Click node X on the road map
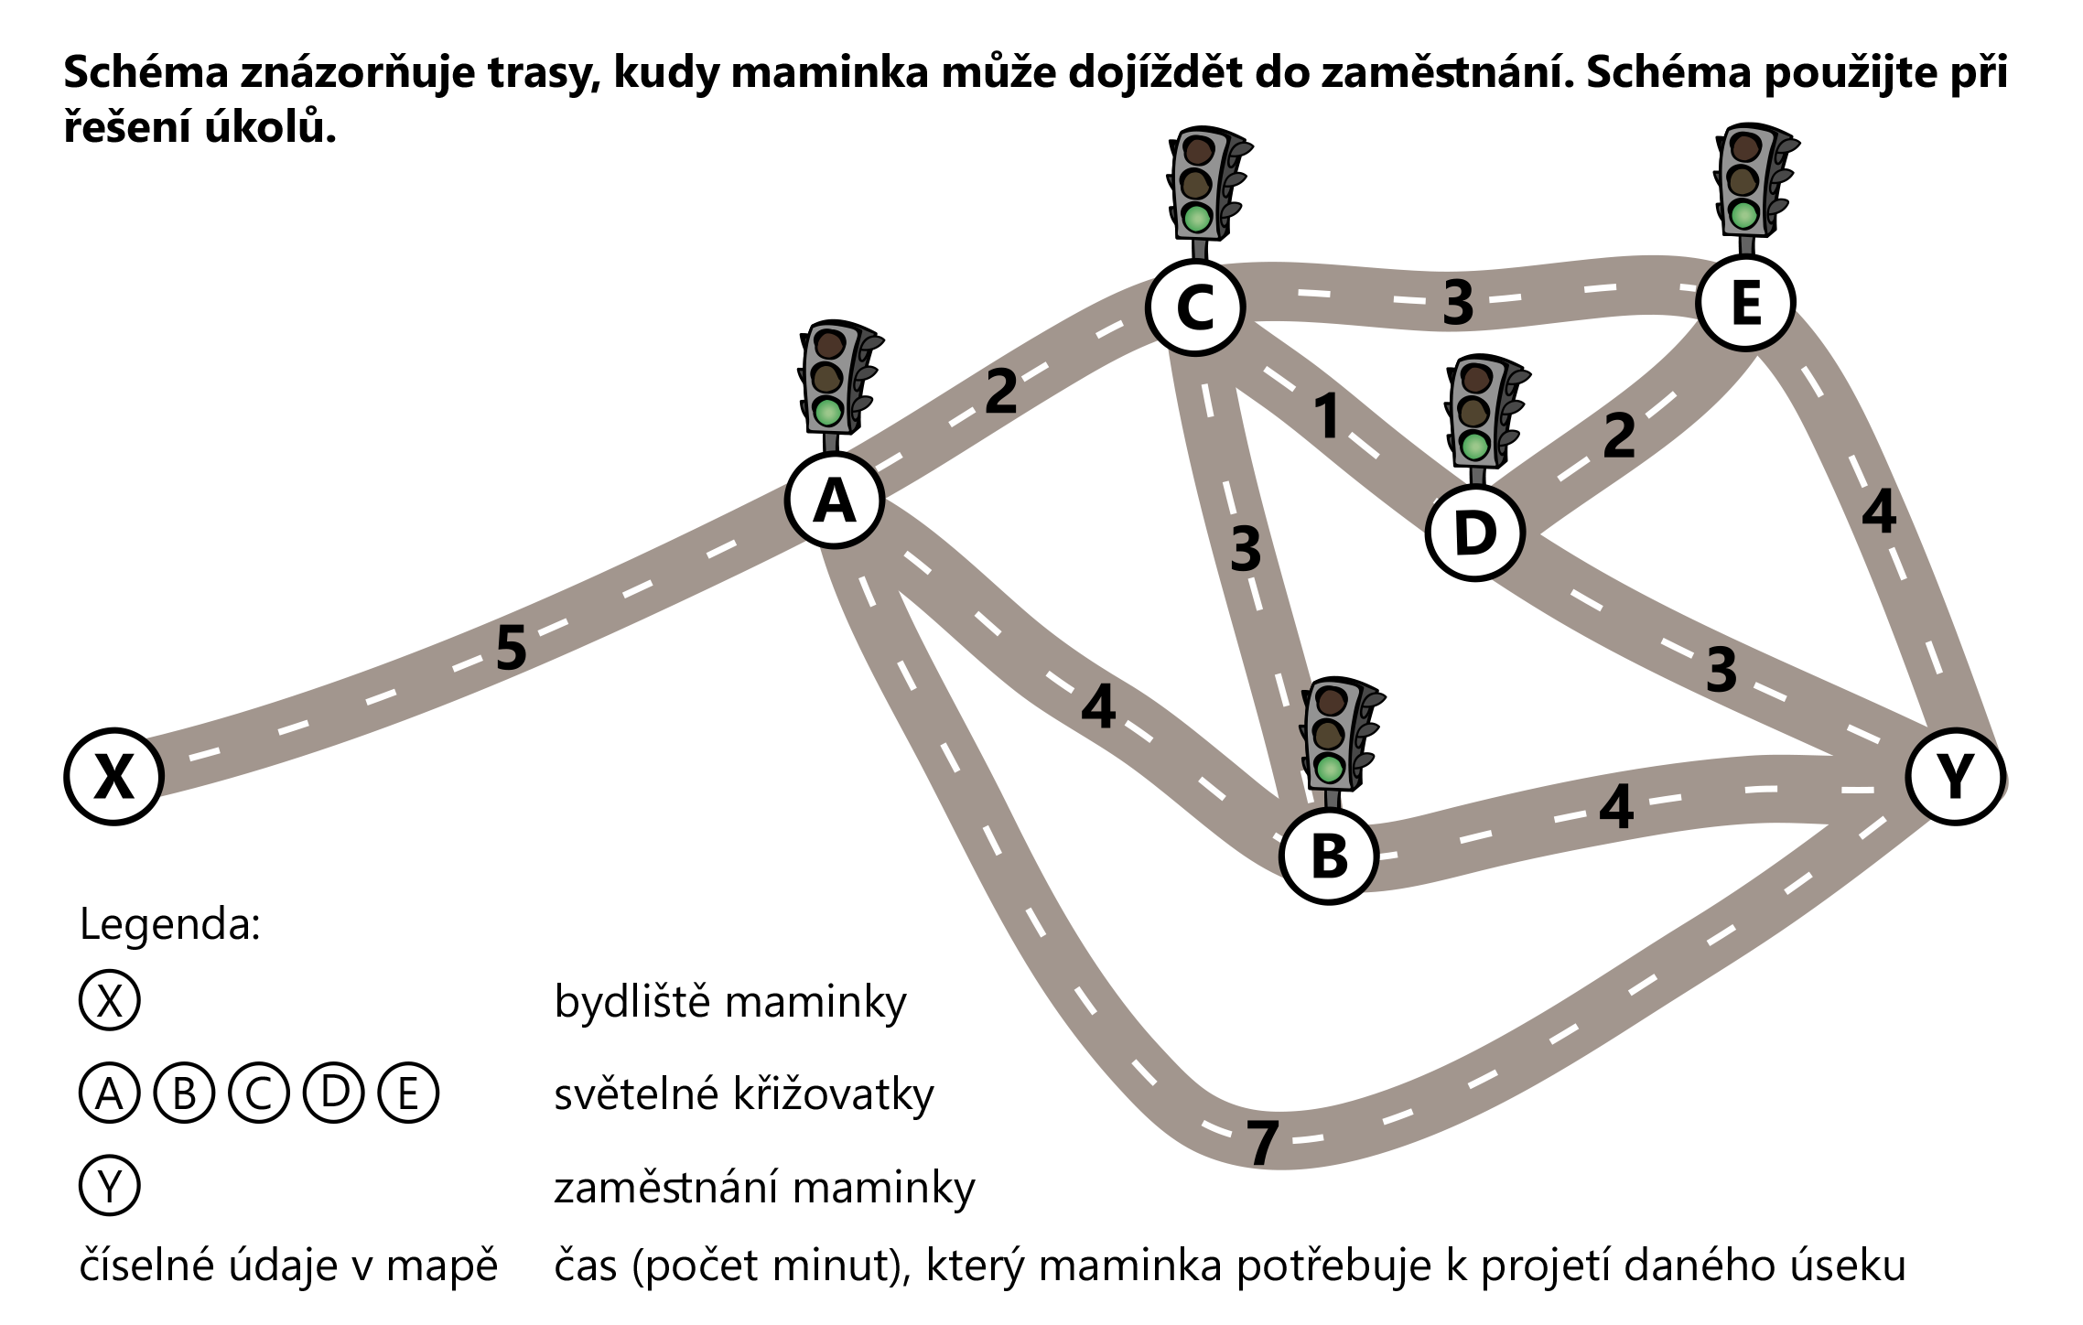coord(113,776)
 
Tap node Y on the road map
coord(1955,776)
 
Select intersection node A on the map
coord(834,501)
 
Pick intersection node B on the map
coord(1329,856)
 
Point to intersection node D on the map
coord(1474,533)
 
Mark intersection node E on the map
coord(1745,302)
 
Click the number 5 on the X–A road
coord(512,648)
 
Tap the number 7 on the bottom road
coord(1263,1143)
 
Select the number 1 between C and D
coord(1327,415)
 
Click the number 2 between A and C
coord(1000,392)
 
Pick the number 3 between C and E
coord(1458,302)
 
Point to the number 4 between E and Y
coord(1879,512)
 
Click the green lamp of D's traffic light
coord(1474,447)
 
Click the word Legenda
coord(170,924)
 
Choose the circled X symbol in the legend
coord(110,1001)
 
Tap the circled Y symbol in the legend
coord(110,1186)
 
